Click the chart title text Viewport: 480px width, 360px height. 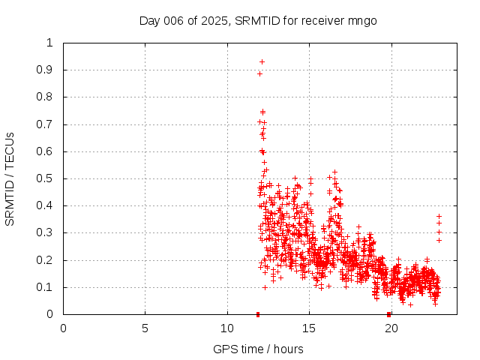tap(258, 20)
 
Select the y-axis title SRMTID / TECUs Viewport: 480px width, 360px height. tap(10, 178)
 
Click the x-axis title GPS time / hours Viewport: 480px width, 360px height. tap(258, 349)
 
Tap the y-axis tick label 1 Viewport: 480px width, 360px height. tap(50, 43)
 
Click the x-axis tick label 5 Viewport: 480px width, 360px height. tap(145, 328)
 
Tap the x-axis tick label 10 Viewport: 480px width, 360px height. tap(227, 328)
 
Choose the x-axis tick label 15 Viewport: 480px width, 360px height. tap(310, 328)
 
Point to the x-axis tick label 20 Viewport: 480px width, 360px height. tap(391, 328)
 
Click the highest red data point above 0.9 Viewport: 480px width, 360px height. tap(262, 61)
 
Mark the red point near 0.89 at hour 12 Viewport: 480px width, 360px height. tap(259, 73)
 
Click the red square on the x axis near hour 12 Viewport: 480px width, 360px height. tap(258, 314)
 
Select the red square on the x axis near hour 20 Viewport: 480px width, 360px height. tap(388, 314)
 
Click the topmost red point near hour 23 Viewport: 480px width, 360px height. tap(439, 216)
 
